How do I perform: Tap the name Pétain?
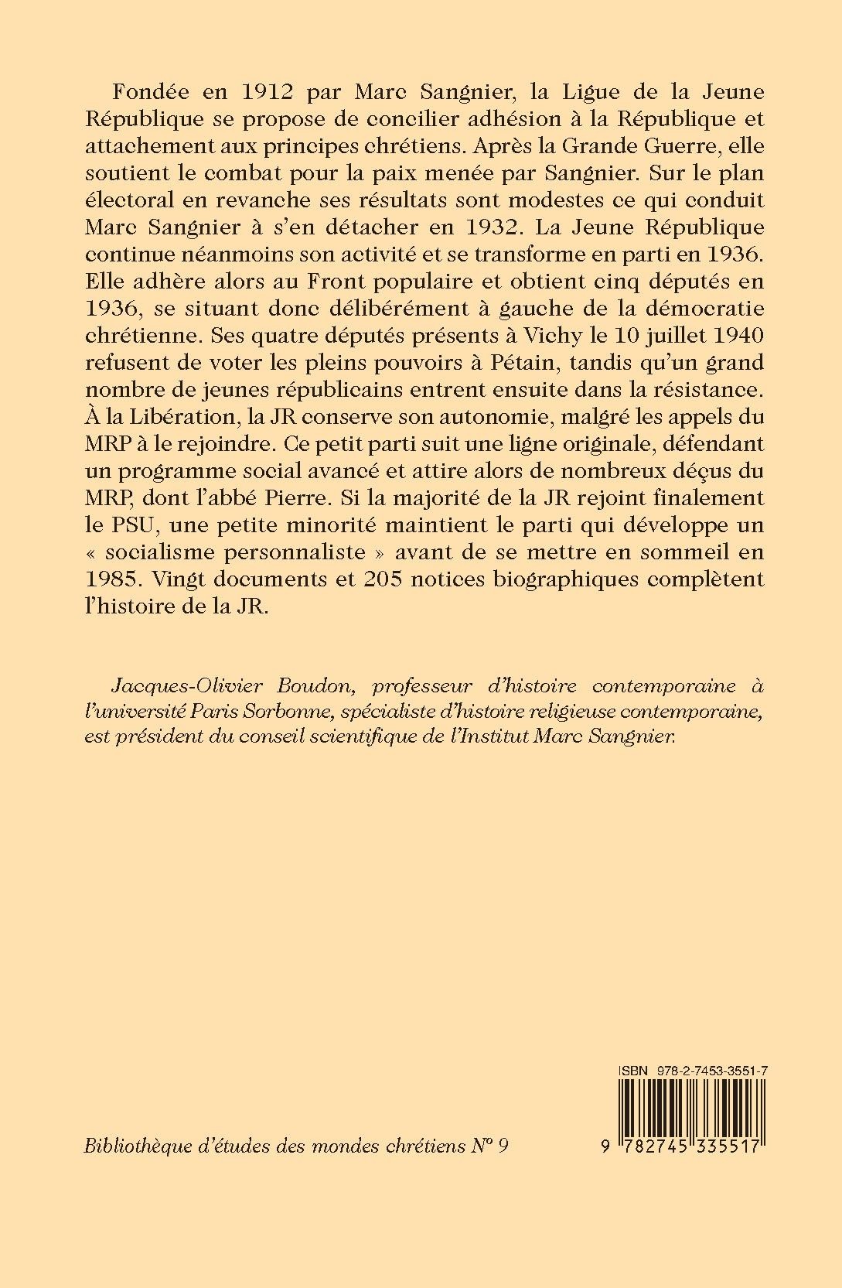point(466,364)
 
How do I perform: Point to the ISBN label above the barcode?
point(632,1068)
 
